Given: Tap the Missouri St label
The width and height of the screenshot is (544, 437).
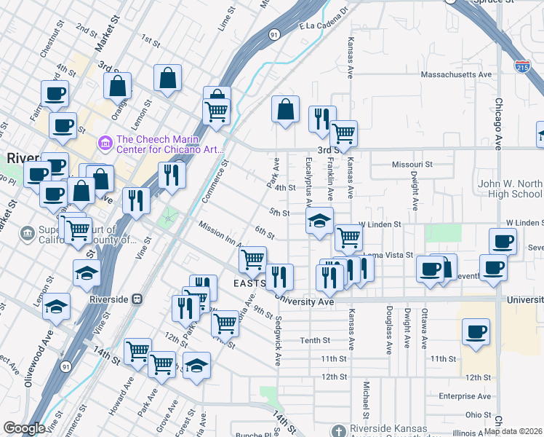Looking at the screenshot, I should coord(412,165).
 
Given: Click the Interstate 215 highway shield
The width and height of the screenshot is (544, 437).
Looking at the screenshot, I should coord(521,66).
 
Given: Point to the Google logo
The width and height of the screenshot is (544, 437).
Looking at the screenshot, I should coord(24,428).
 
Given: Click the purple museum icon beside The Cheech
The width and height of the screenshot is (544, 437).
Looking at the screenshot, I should coord(106,141).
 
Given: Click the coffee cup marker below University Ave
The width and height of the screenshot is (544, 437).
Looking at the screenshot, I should coord(476,333).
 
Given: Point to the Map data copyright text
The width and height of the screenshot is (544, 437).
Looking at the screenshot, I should coord(513,431).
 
